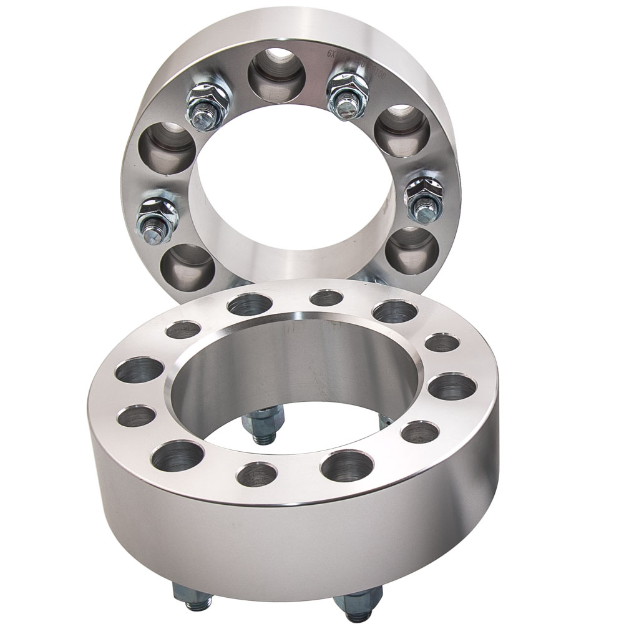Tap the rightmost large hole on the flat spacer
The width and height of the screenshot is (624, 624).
(452, 386)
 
